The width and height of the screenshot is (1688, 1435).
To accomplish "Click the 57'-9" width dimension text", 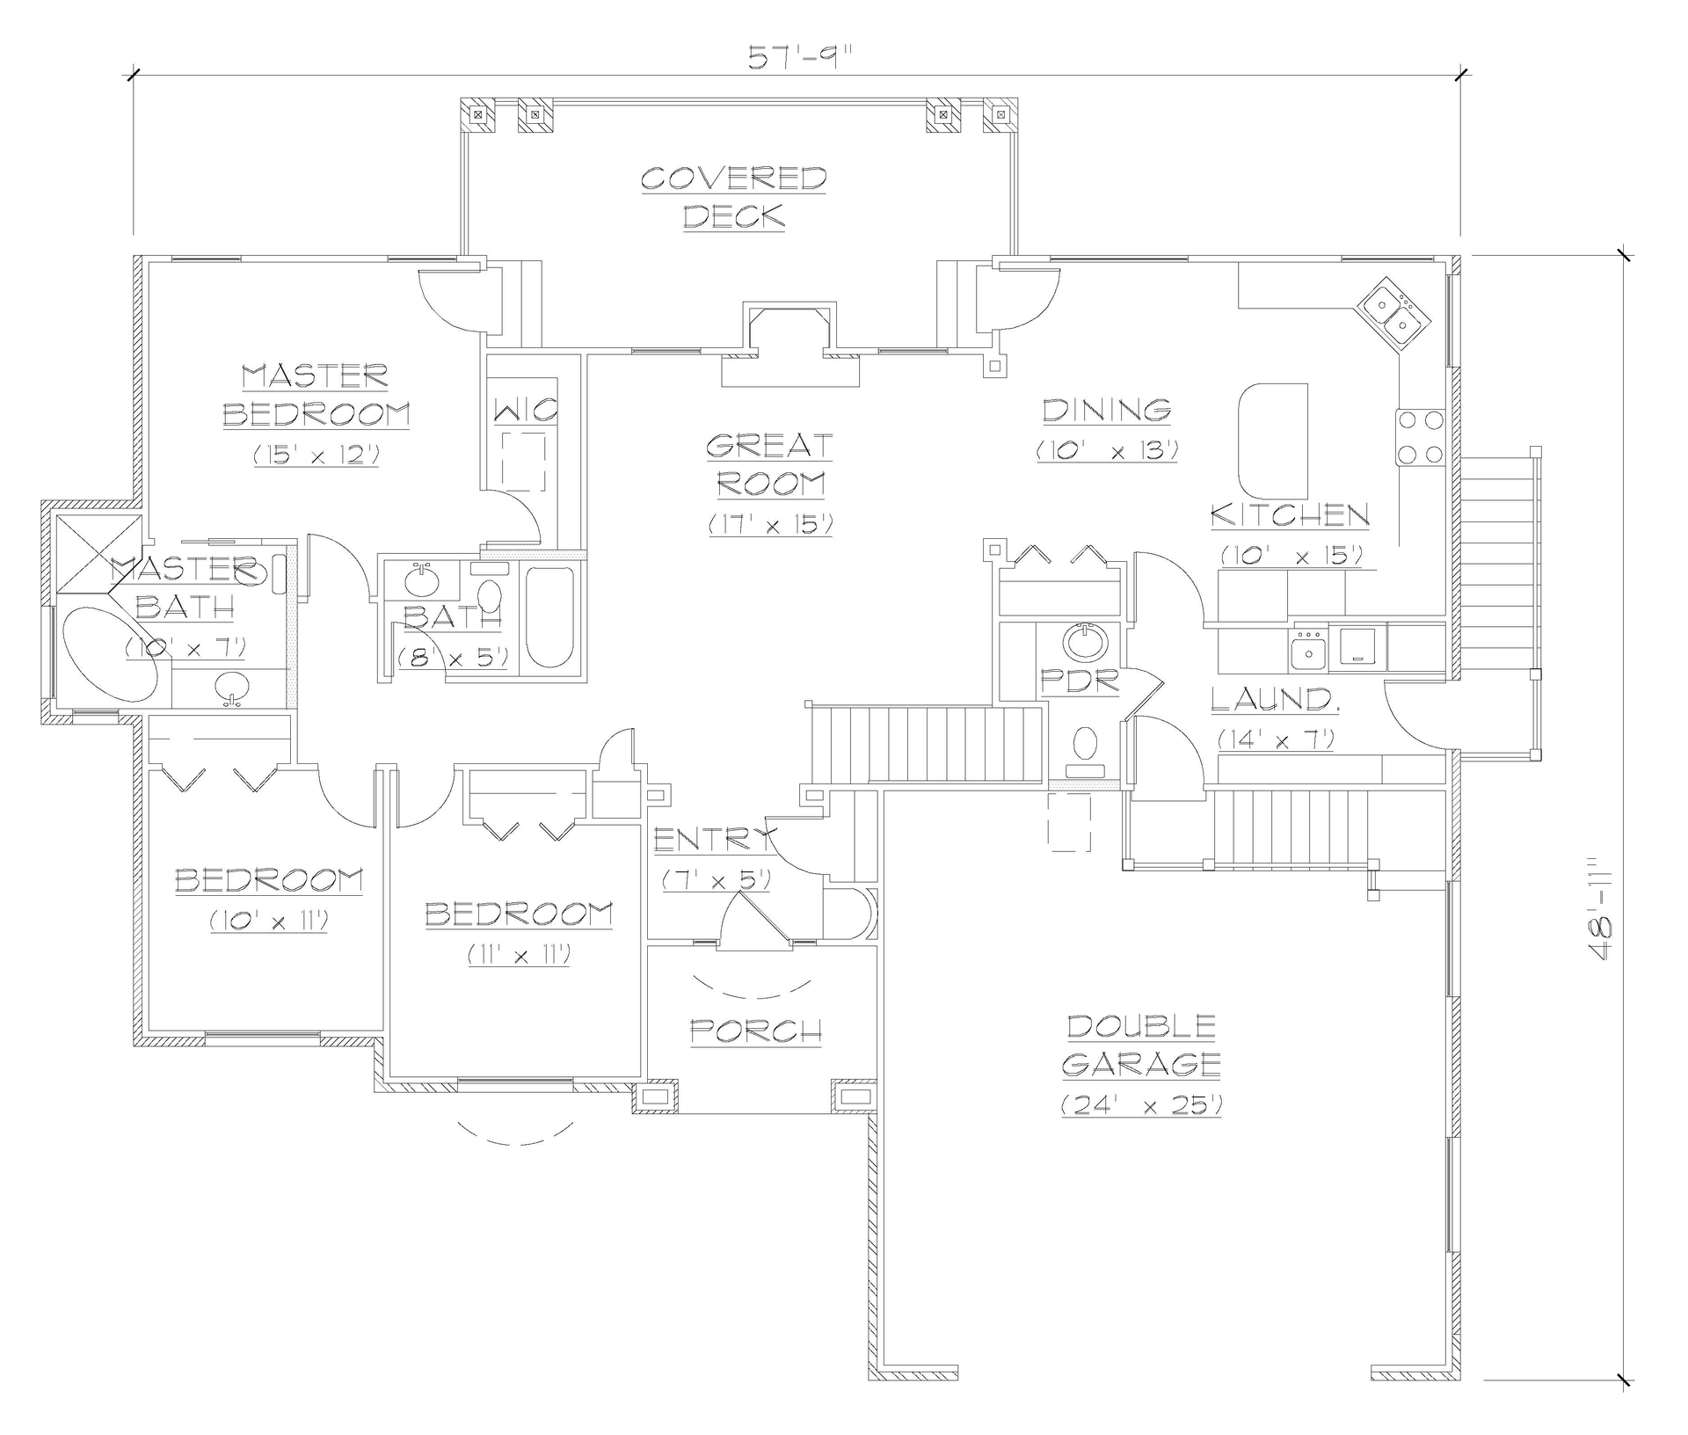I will point(800,57).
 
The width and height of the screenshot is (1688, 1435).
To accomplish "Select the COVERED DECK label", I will point(733,197).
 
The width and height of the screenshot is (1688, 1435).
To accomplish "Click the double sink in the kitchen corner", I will point(1392,316).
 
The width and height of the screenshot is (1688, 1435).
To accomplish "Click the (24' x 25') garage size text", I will point(1141,1105).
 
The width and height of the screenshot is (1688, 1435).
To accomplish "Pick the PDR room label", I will point(1080,681).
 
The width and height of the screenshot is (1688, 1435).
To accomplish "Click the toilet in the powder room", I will point(1087,743).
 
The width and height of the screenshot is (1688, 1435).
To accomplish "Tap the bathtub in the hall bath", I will point(549,618).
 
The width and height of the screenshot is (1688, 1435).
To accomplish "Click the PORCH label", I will point(756,1031).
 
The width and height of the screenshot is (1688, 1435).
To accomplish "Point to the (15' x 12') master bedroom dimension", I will point(316,455).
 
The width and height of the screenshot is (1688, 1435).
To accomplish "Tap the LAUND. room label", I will point(1274,700).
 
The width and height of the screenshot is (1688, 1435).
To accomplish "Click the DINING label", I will point(1106,410).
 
